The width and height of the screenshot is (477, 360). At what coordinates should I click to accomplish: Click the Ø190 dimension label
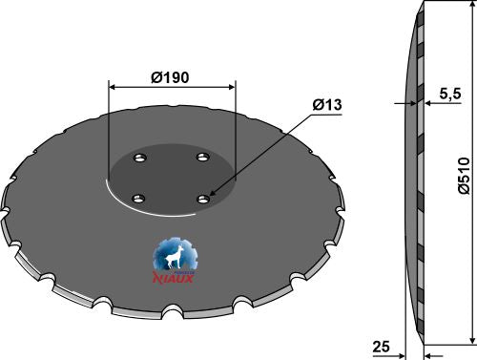point(170,77)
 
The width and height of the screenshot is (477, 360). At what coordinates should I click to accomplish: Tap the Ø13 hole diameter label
point(327,104)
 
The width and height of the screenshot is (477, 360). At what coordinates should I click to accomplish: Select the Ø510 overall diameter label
point(464,176)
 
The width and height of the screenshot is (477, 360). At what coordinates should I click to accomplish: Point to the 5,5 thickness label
point(450,94)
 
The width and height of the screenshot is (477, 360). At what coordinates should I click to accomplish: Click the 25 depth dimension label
point(381,347)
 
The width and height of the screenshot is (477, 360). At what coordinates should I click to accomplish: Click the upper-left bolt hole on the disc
point(139,158)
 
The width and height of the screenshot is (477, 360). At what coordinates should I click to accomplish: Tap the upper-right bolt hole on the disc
point(203,157)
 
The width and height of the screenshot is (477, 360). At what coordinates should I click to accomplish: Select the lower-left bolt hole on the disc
point(138,200)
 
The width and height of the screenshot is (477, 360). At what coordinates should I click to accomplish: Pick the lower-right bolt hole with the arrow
point(203,200)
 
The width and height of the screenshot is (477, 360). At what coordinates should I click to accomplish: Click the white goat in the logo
point(174,258)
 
